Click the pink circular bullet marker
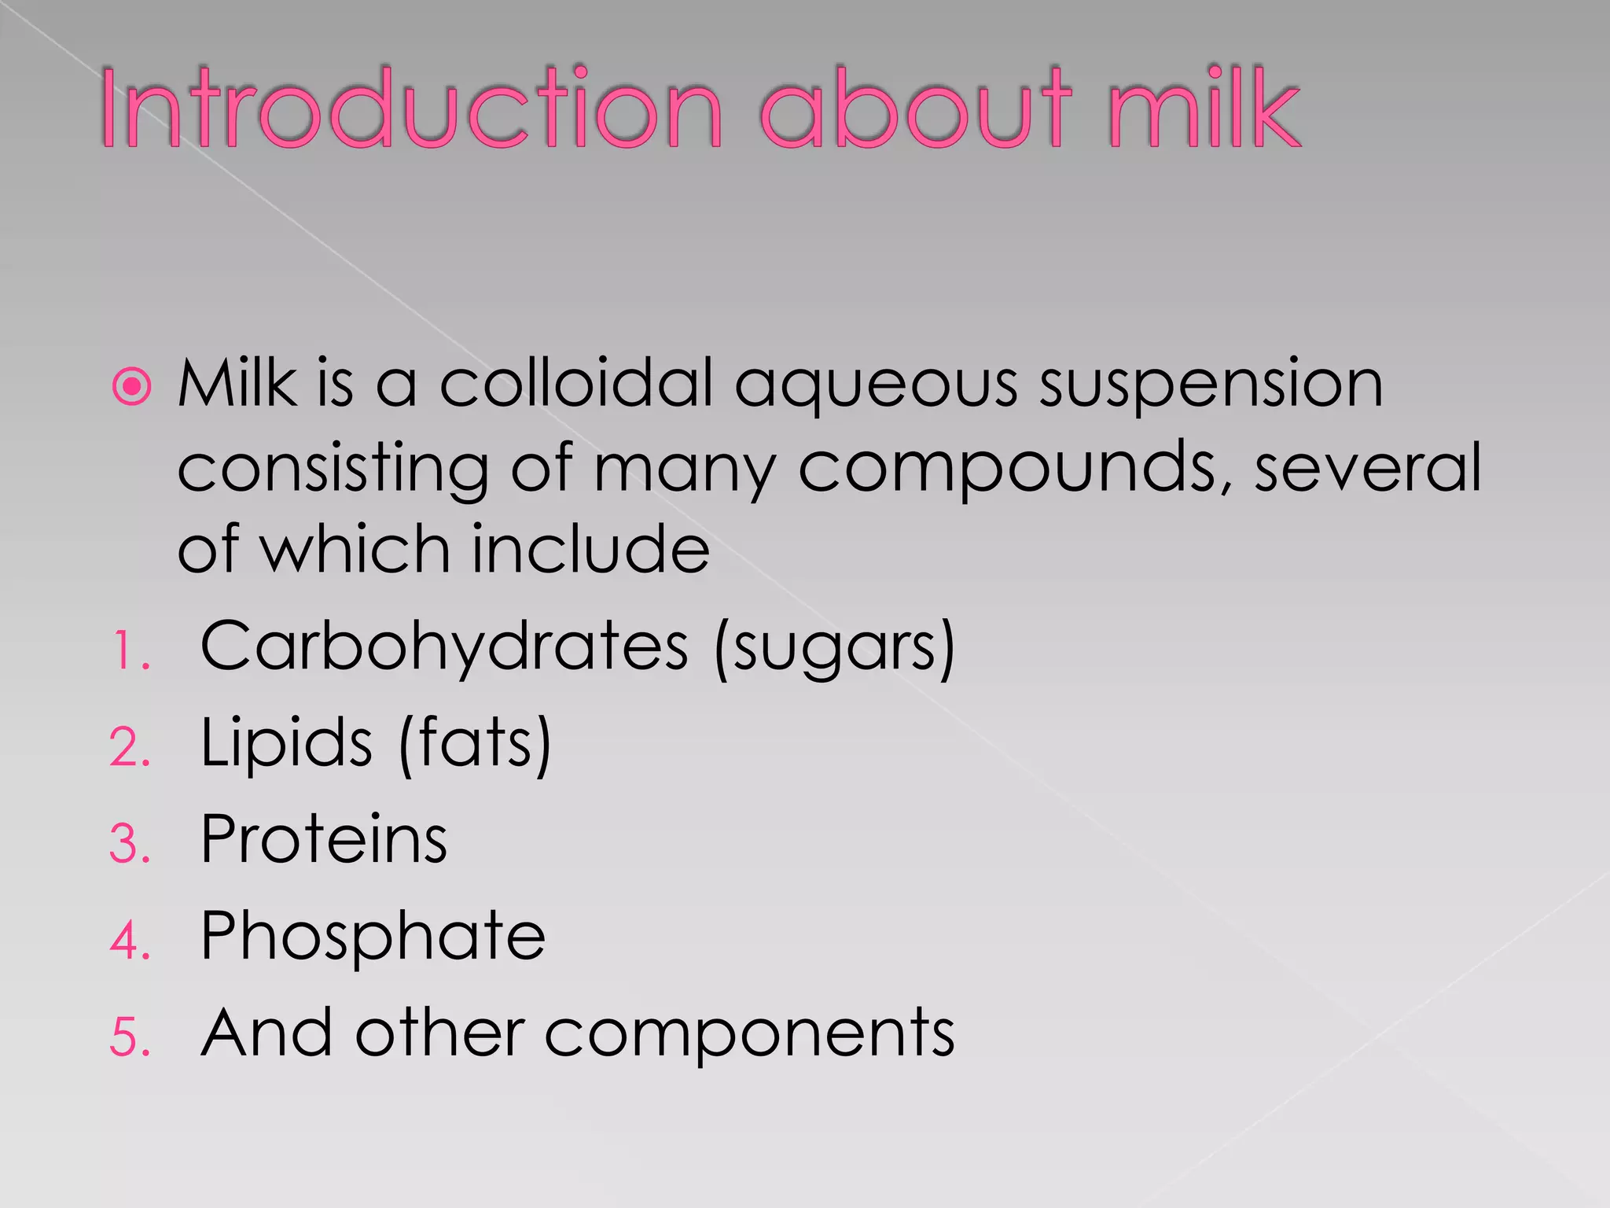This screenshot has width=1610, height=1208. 131,387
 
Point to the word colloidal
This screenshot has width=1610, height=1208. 576,384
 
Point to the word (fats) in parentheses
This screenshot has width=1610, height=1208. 475,744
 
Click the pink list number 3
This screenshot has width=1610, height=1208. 129,845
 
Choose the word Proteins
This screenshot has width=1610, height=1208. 324,840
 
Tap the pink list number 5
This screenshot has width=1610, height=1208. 129,1037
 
